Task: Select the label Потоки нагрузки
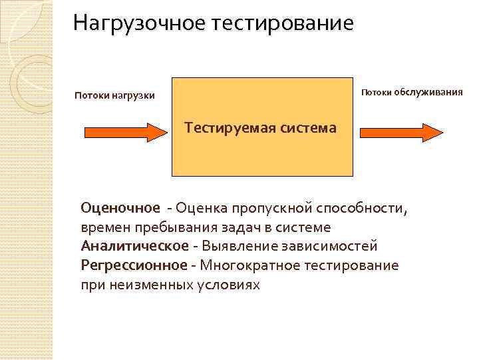coord(114,96)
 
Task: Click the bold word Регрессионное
coord(134,265)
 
